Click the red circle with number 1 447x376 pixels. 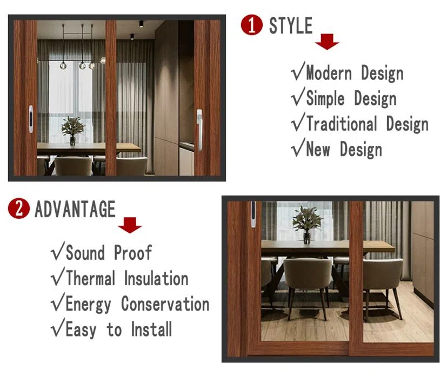pos(251,25)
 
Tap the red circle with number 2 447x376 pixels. pos(19,209)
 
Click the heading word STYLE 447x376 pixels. pos(291,25)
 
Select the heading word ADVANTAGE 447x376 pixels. pos(75,209)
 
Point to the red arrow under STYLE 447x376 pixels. pos(327,42)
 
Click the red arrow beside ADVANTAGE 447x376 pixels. pos(130,225)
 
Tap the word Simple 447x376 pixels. pos(325,99)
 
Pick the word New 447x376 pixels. pos(318,149)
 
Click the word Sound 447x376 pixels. pos(85,252)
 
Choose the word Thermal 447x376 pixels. pos(91,278)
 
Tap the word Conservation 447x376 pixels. pos(165,304)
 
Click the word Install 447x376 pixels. pos(151,329)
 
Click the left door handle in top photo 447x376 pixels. pos(31,119)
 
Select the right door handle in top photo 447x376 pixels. pos(199,130)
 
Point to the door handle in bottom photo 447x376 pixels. pos(253,214)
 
